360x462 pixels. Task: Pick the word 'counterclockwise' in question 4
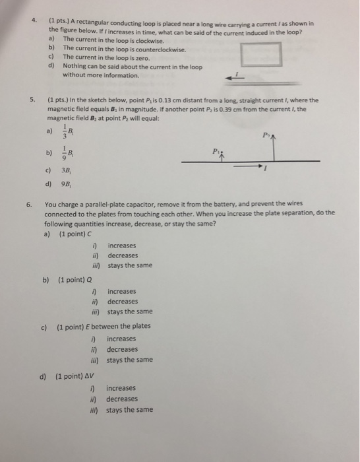tap(159, 48)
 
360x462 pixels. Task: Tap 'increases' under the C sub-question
tap(123, 246)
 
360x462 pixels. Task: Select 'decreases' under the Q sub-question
tap(123, 301)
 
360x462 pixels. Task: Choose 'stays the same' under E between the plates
tap(129, 360)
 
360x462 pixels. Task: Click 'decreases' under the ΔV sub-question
tap(123, 399)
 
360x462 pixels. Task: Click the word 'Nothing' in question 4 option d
tap(75, 67)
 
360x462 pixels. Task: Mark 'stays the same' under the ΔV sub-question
tap(129, 410)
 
